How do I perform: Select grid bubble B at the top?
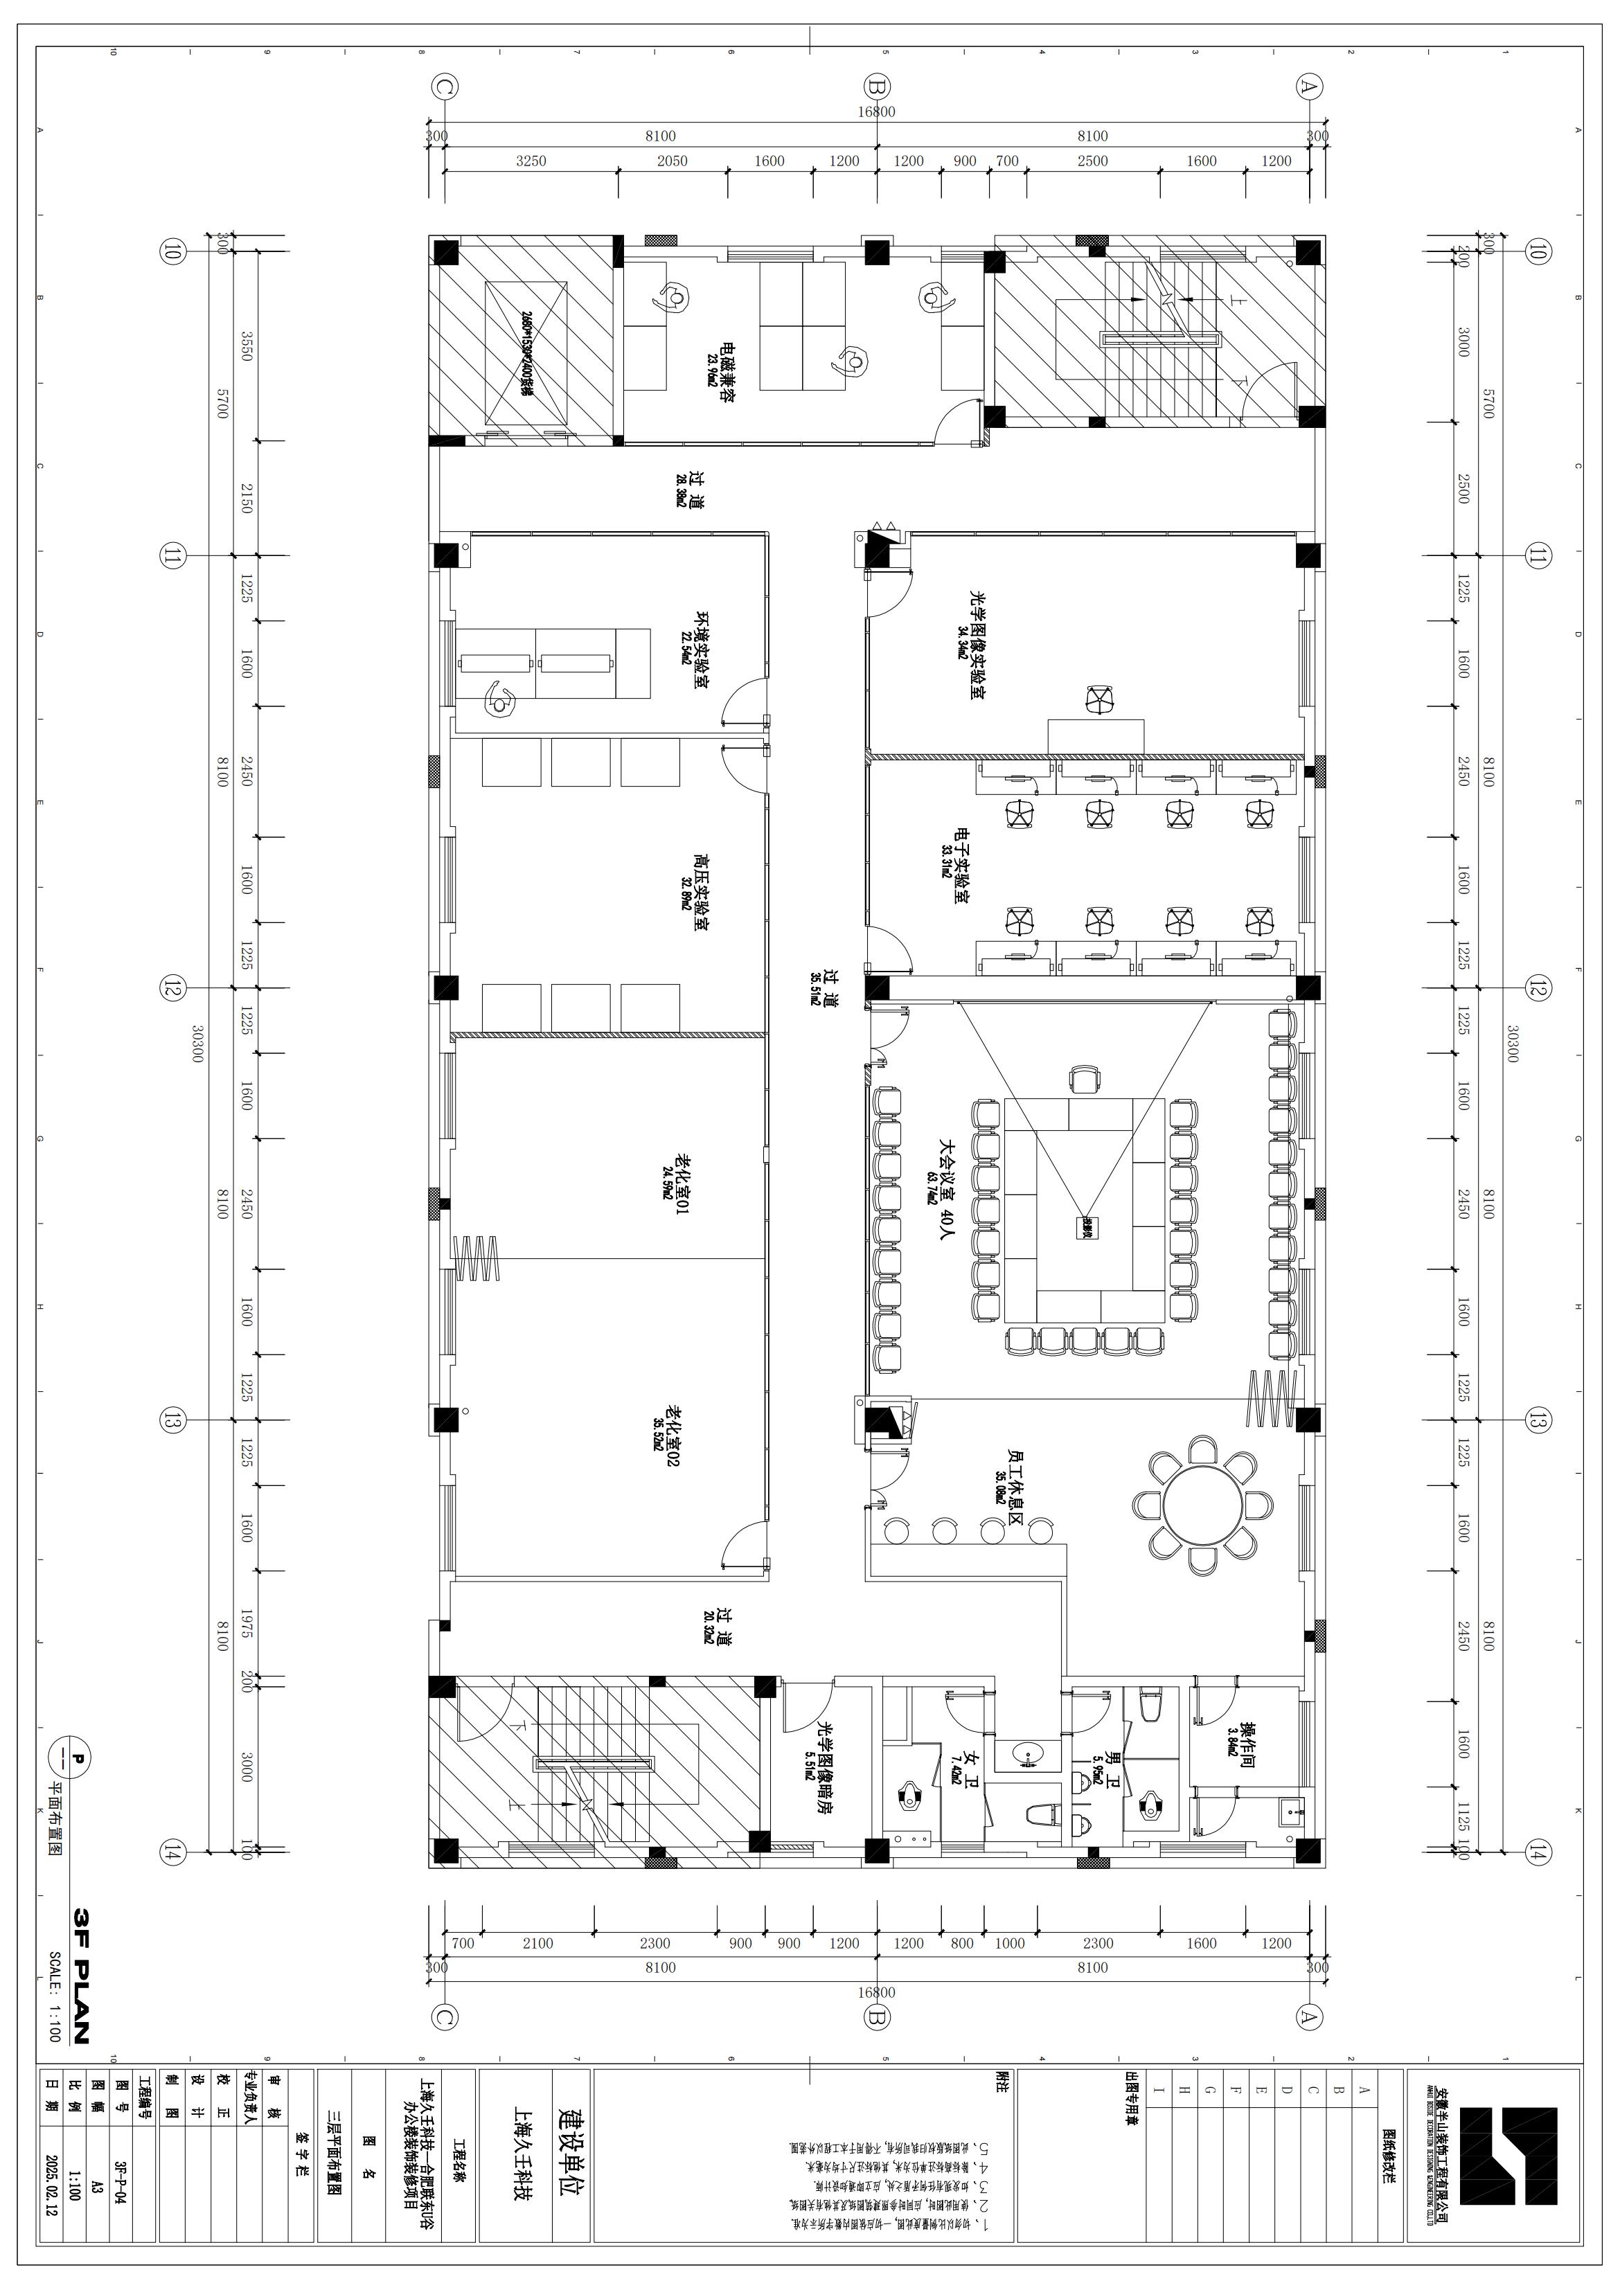(877, 87)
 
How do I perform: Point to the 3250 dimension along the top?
(531, 161)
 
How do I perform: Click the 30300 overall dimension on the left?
(195, 1041)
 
